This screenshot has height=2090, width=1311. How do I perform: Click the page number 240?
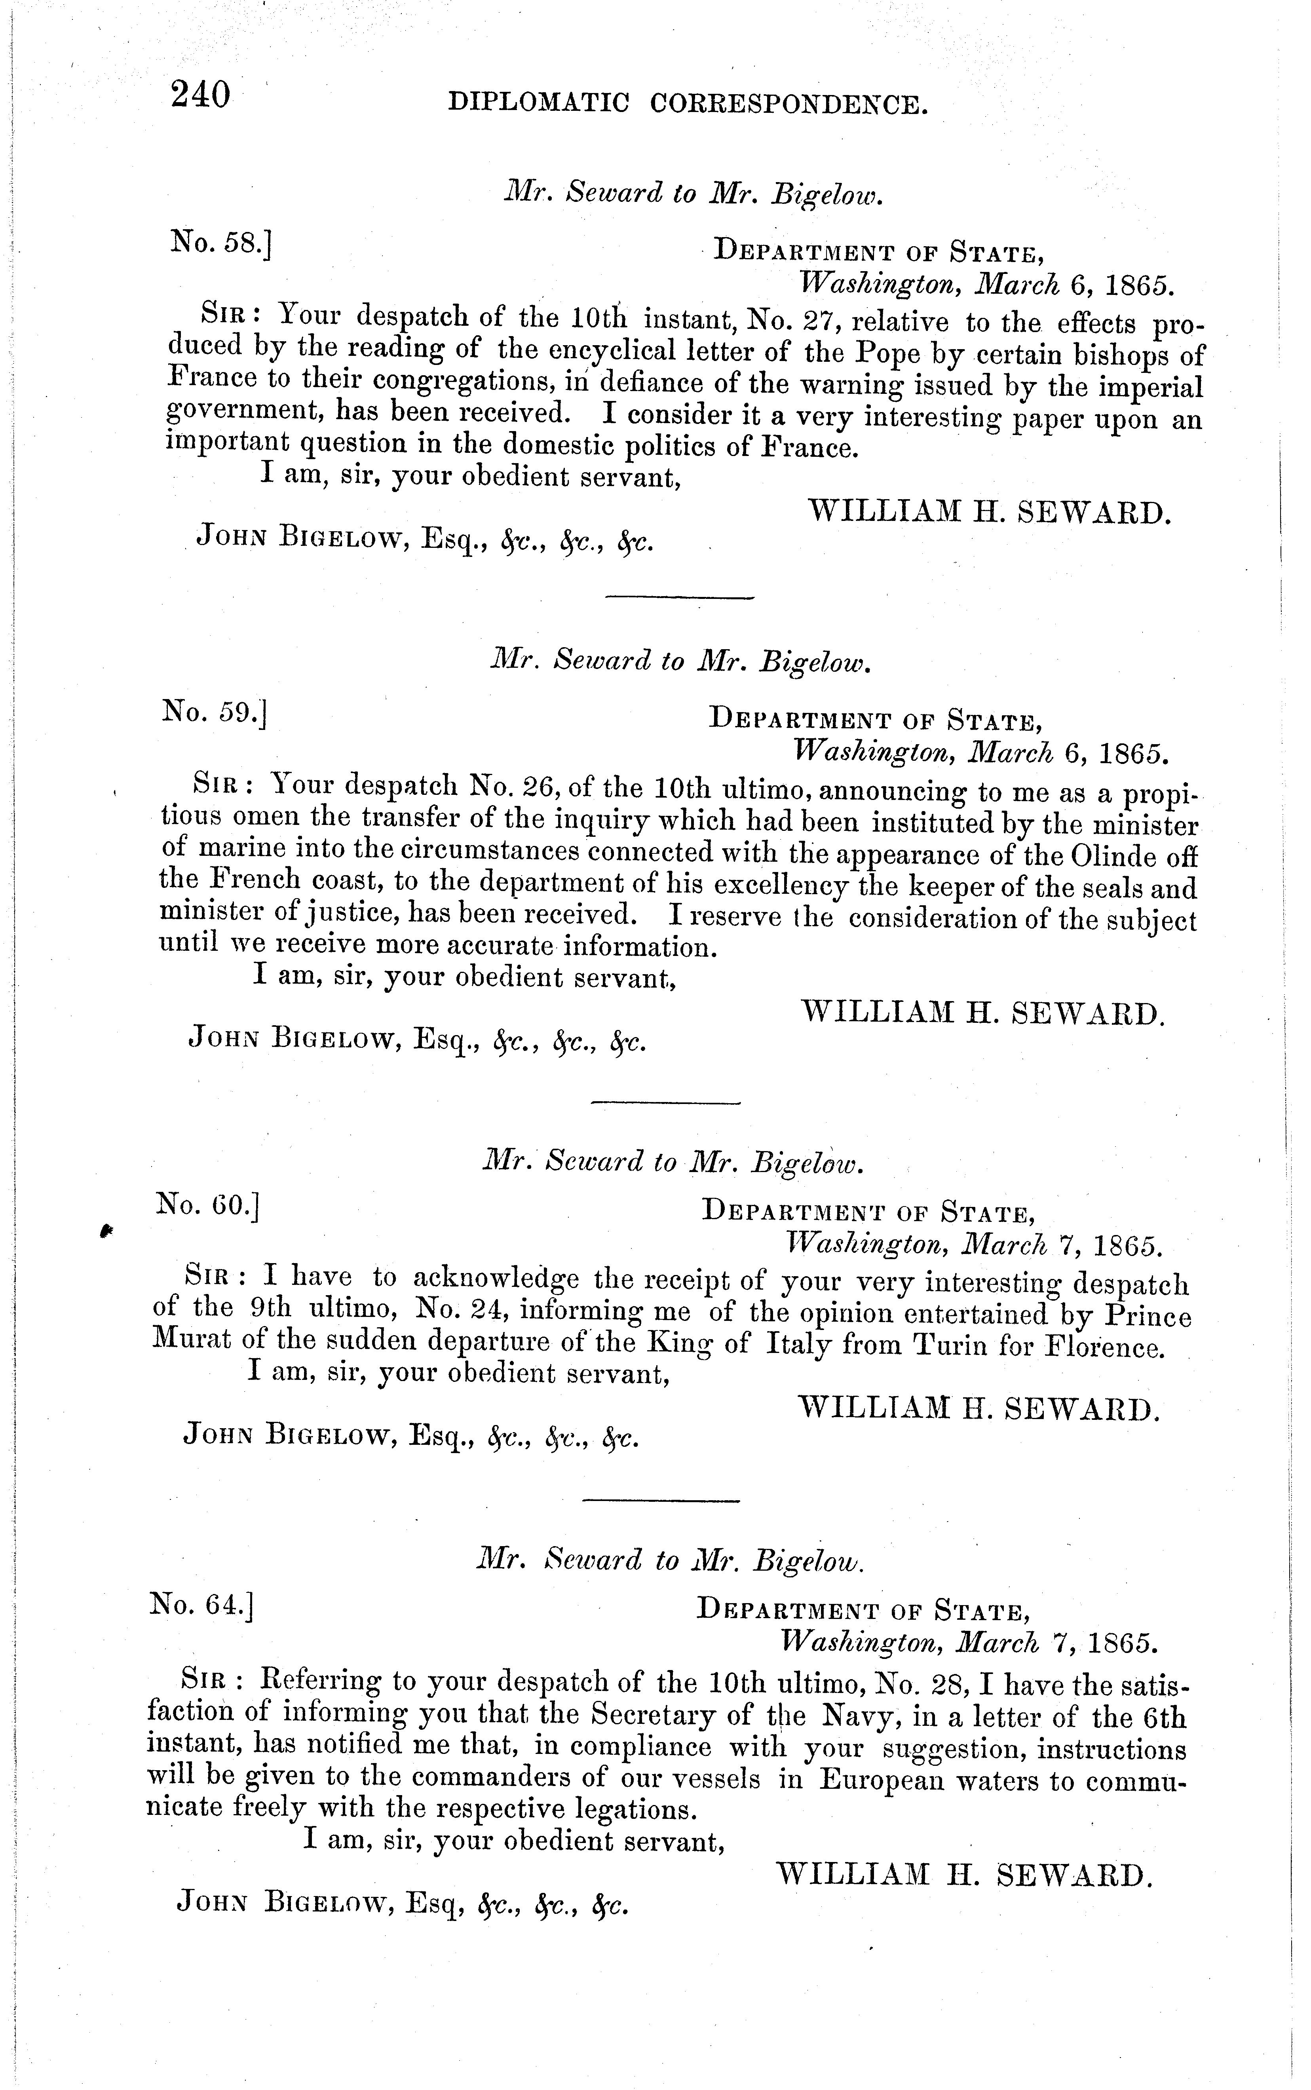(x=201, y=94)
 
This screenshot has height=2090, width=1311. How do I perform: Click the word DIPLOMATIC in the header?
(x=538, y=105)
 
